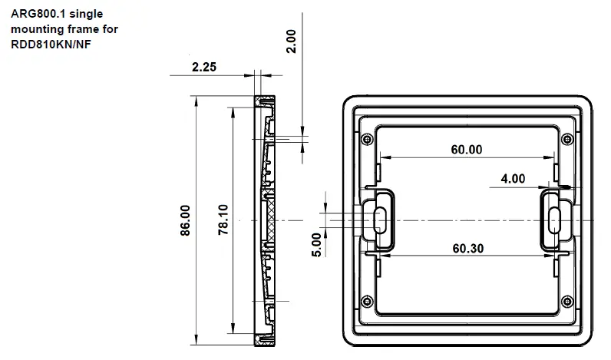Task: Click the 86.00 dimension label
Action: coord(185,220)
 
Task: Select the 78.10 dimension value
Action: coord(223,220)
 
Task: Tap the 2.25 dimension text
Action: coord(203,68)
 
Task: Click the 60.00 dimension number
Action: coord(467,150)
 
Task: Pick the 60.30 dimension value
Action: coord(467,248)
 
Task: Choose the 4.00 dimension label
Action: coord(513,179)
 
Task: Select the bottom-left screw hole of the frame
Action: coord(366,300)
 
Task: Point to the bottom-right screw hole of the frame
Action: coord(567,300)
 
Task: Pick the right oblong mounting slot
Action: coord(554,220)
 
